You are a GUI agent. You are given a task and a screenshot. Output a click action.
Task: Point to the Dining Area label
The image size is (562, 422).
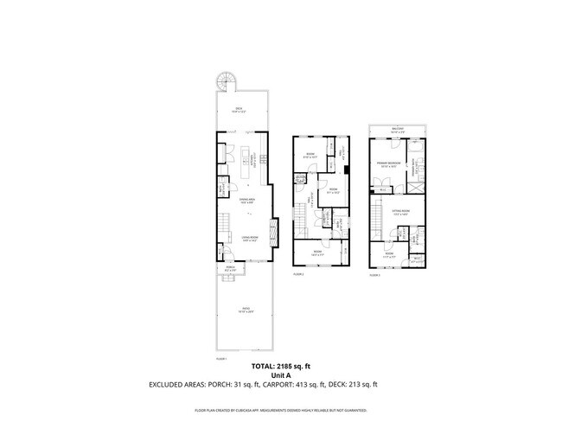246,201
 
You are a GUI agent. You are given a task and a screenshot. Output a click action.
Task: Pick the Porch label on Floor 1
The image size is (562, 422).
231,267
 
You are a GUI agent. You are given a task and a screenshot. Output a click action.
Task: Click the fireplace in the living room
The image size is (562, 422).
273,233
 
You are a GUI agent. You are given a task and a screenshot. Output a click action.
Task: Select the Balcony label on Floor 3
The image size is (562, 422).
397,129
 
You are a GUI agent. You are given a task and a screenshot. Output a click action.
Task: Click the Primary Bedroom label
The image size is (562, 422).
386,164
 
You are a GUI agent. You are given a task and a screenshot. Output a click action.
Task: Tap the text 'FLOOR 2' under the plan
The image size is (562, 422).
298,274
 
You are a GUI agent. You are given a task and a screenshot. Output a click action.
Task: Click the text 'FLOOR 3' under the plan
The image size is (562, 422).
374,274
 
